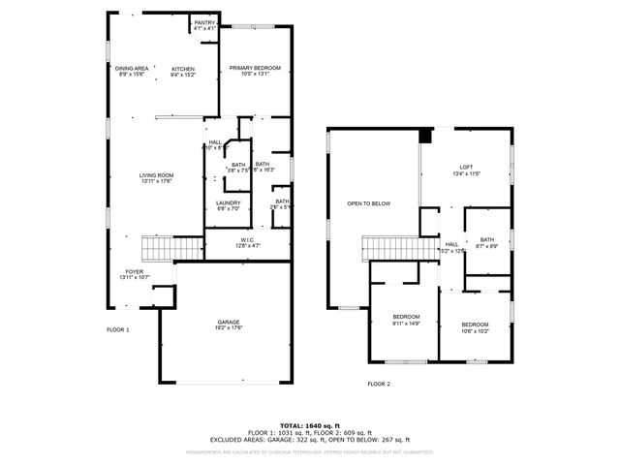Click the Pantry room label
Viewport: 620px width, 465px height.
(204, 25)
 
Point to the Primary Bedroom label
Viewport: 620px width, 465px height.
(255, 70)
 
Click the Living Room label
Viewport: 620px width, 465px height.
(155, 177)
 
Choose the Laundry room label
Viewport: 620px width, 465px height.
(229, 204)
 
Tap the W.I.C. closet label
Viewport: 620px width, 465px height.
(248, 243)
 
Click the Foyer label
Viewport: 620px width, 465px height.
(134, 274)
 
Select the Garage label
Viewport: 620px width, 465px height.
(229, 325)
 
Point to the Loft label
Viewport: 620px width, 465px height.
(467, 170)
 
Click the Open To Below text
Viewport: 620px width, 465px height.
(369, 203)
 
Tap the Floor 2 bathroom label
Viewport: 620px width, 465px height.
(486, 242)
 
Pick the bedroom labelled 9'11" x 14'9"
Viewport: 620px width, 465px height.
(406, 321)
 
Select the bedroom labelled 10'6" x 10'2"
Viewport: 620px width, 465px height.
(475, 326)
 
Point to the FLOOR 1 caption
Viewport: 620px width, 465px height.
(117, 330)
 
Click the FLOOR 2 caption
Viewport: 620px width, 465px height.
(379, 385)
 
